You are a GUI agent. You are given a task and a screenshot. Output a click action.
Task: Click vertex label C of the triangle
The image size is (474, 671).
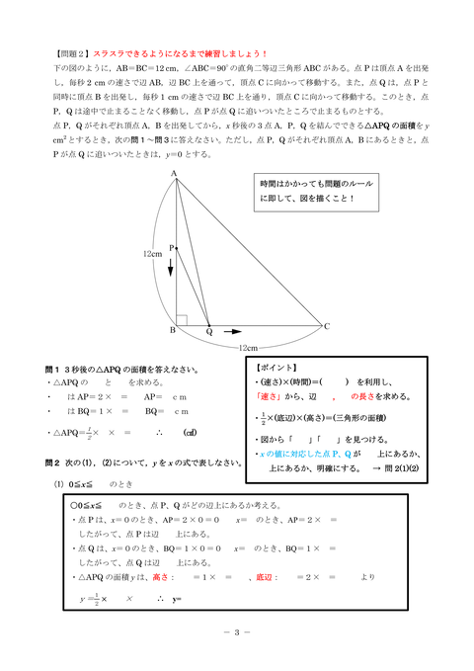(327, 326)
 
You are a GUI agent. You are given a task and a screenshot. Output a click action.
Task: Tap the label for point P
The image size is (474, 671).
(170, 248)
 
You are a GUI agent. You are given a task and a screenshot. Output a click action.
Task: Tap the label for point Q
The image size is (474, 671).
(208, 332)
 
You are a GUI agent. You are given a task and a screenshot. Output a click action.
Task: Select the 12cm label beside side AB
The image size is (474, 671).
(151, 254)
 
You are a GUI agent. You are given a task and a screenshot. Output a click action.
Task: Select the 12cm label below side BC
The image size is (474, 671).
(248, 348)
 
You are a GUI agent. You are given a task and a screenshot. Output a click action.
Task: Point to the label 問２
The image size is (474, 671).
(54, 461)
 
